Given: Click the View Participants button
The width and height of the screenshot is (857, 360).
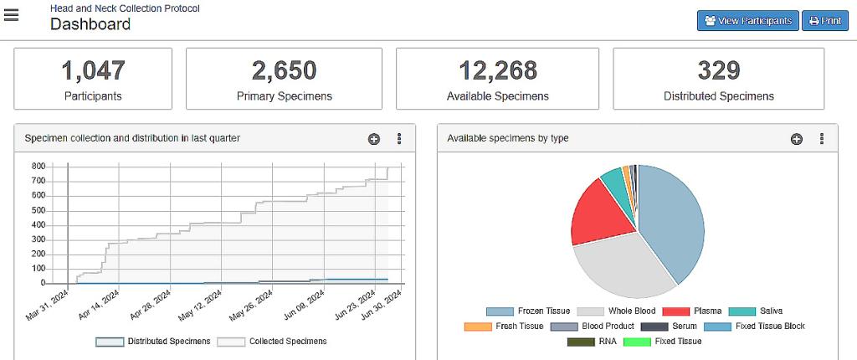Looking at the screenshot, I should coord(747,21).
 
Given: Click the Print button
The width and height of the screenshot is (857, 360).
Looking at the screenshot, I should coord(824,21).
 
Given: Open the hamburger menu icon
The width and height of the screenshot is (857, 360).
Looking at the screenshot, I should coord(12,15).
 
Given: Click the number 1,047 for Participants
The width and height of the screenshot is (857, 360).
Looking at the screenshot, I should coord(93,70).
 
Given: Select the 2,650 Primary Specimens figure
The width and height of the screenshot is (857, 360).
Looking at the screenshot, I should coord(284,70).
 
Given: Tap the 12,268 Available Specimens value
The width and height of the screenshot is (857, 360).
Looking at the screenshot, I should coord(497,70).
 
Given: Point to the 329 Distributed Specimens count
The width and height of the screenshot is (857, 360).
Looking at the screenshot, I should coord(718,70).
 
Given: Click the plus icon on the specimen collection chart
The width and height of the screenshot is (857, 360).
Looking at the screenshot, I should coord(373,139).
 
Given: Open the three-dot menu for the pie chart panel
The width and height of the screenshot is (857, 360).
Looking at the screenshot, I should coord(822,139).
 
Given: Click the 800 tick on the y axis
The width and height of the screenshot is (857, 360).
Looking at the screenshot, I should coord(38,167).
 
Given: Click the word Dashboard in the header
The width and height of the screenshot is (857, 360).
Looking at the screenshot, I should coord(90,24).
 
